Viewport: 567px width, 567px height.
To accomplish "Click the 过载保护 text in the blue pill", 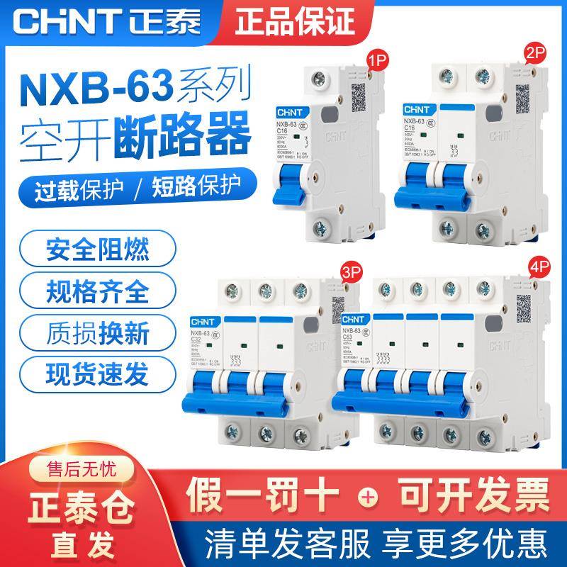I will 76,187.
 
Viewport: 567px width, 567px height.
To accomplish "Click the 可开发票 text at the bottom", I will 468,493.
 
